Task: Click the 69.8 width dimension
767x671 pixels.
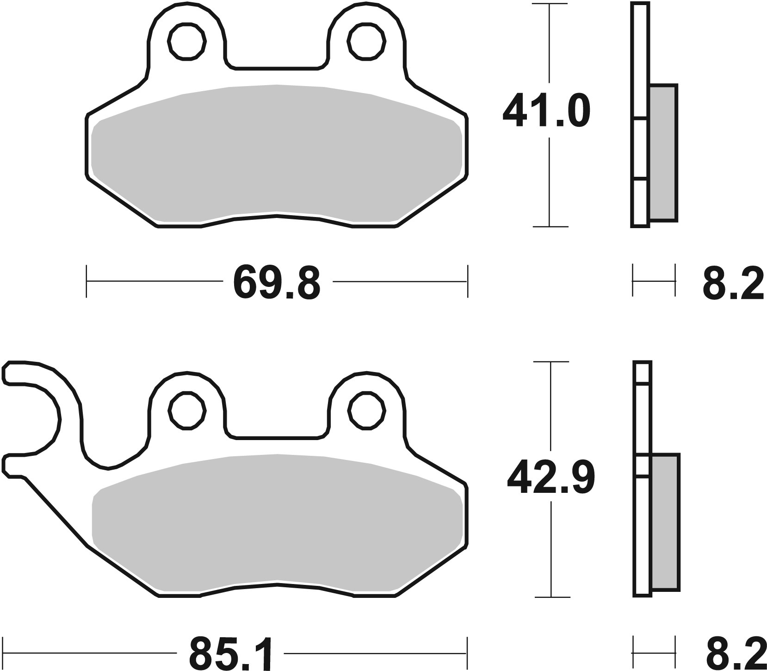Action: (x=277, y=282)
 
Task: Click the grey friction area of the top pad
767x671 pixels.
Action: (x=277, y=153)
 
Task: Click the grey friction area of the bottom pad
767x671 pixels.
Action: (x=277, y=523)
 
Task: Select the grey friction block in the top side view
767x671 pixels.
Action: (x=663, y=153)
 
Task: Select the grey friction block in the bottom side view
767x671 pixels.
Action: (x=665, y=523)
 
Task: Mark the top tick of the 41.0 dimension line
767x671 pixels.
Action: (x=549, y=4)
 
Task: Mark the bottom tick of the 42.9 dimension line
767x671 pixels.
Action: (x=551, y=597)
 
